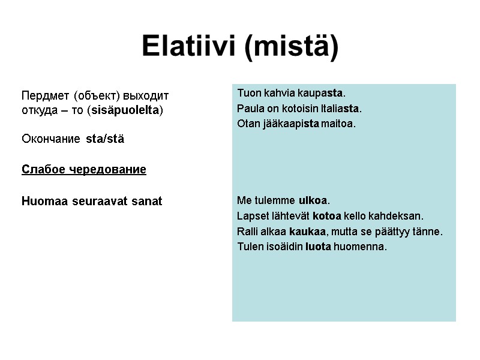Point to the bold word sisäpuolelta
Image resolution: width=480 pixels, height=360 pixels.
coord(125,111)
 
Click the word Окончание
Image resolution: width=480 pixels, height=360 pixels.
coord(50,139)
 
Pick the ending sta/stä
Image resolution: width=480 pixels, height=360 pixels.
coord(106,139)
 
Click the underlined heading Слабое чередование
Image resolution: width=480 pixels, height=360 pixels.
coord(83,170)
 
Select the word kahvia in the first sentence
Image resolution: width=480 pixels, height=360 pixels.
coord(278,94)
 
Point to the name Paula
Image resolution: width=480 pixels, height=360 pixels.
coord(248,109)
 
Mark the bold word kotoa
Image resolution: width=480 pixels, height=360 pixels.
coord(327,216)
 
